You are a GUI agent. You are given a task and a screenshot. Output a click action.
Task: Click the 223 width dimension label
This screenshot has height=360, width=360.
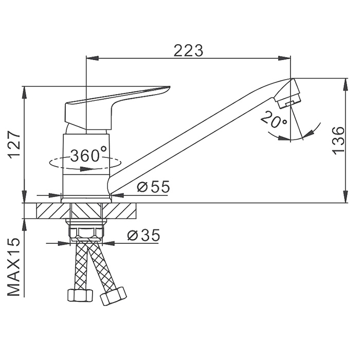[188, 50]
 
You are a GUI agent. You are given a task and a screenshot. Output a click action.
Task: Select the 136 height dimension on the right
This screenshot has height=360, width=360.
[338, 140]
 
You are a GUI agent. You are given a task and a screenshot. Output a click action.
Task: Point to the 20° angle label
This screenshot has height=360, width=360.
[274, 119]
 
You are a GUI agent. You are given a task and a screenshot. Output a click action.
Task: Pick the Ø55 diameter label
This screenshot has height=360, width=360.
[153, 186]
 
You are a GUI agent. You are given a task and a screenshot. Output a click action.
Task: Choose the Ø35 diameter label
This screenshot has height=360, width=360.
[143, 235]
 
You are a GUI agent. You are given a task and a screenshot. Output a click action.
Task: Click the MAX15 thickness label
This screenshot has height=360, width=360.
[14, 267]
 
